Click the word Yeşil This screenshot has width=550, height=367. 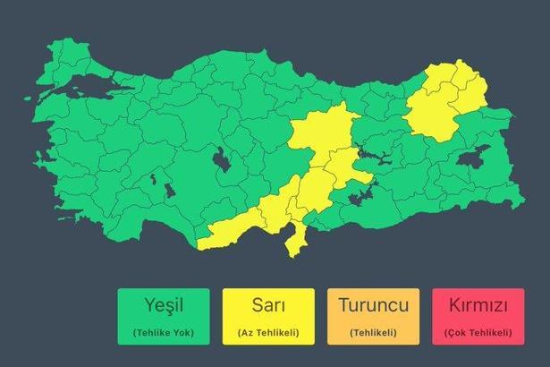[x=163, y=305]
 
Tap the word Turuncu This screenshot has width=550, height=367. [x=373, y=305]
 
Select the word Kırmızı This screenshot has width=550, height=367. [x=478, y=305]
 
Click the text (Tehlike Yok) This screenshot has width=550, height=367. [x=163, y=333]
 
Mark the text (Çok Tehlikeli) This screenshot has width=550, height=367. [x=478, y=333]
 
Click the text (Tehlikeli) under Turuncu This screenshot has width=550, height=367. [x=373, y=333]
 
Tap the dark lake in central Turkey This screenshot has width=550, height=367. [x=220, y=162]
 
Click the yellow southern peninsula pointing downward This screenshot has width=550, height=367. [x=292, y=240]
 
